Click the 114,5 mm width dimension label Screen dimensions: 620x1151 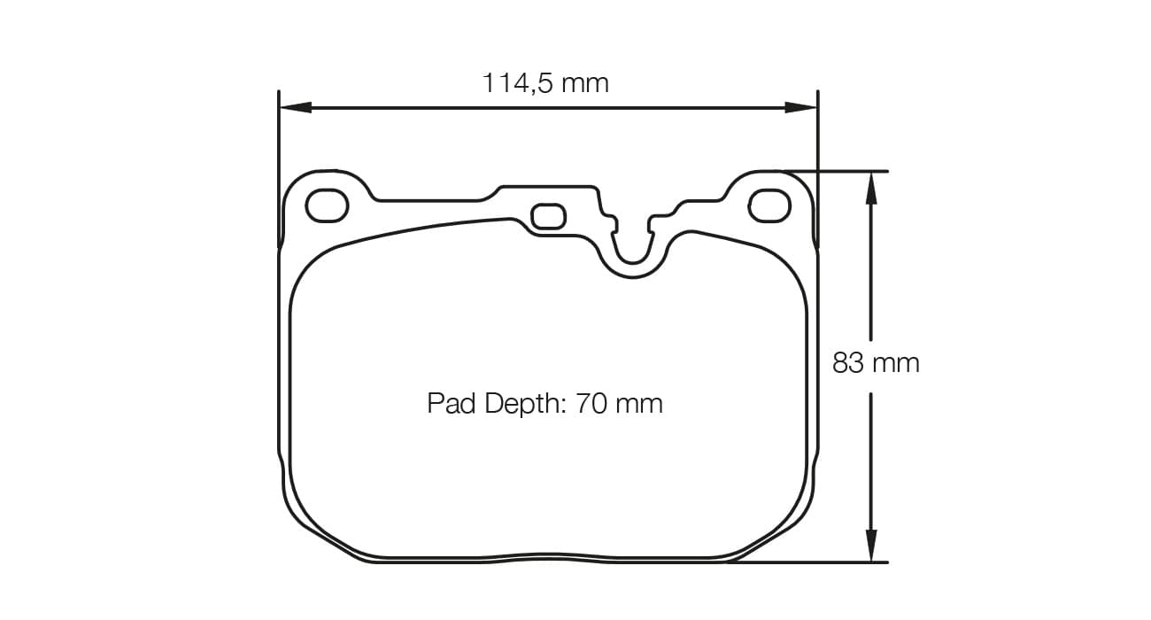[x=545, y=83]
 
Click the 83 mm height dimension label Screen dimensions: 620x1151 [x=876, y=363]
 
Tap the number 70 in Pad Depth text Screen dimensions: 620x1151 [x=590, y=404]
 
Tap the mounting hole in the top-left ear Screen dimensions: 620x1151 [x=327, y=205]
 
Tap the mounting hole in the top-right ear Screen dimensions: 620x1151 [x=769, y=205]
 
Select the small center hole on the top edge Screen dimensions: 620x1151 [x=548, y=216]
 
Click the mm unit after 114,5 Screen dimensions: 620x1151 [x=585, y=83]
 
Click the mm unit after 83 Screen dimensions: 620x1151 [x=896, y=363]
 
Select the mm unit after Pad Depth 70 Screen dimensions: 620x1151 [x=639, y=404]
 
